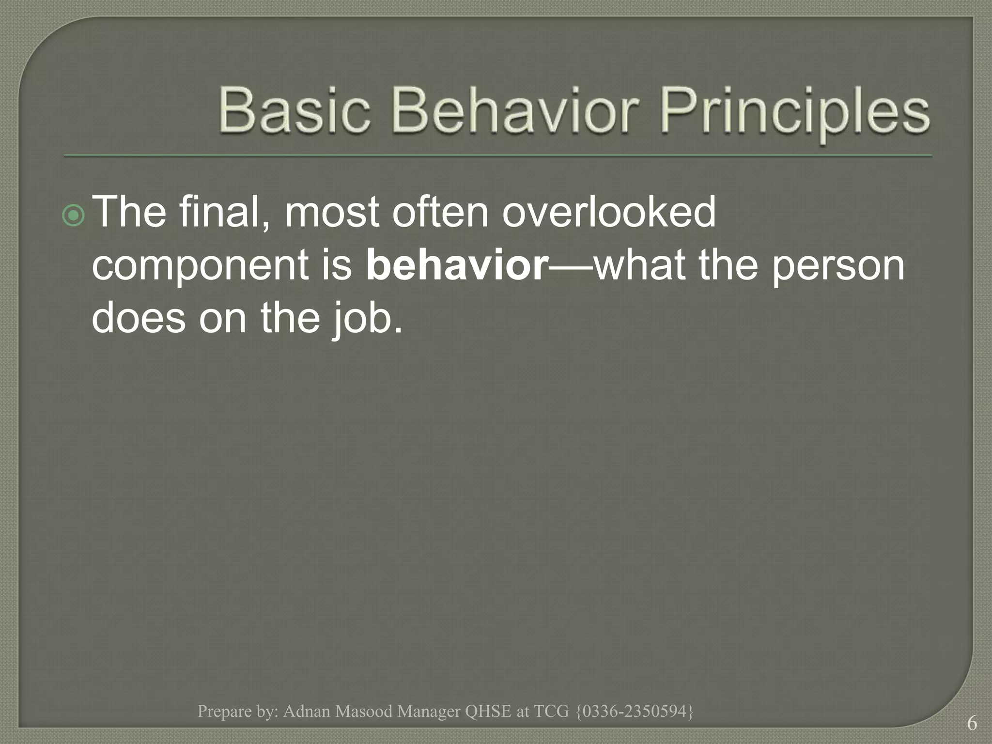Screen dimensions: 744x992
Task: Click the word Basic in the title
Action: (294, 111)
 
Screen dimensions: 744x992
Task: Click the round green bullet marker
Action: (74, 216)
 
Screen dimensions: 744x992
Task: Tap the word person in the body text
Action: (838, 267)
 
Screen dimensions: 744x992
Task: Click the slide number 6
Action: (972, 723)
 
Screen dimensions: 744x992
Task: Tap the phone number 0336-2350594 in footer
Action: (635, 711)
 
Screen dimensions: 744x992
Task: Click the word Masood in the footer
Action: (364, 711)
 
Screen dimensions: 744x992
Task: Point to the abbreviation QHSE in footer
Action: (488, 711)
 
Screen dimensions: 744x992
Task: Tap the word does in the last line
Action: (139, 319)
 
